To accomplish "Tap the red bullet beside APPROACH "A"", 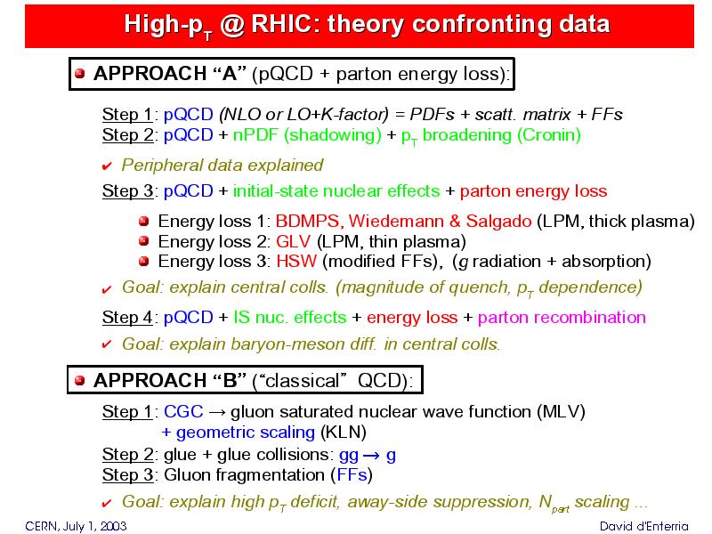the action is tap(80, 74).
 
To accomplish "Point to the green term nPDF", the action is tap(256, 135).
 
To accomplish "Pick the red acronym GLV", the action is tap(294, 241).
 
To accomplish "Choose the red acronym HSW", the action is tap(296, 262).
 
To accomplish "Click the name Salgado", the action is tap(498, 222).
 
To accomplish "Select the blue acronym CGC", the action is tap(183, 411).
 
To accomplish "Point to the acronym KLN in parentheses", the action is tap(344, 432).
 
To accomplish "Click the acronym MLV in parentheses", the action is tap(561, 411).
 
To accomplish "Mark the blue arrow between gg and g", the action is tap(371, 455).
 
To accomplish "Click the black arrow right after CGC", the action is tap(216, 412).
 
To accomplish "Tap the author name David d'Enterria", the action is tap(643, 526).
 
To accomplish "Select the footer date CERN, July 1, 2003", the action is tap(76, 526).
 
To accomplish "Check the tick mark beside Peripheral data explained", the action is tap(107, 166).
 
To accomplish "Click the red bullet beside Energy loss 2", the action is tap(144, 240).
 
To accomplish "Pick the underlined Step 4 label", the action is tap(127, 317).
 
